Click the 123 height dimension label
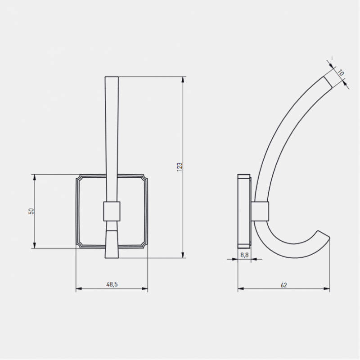(180, 167)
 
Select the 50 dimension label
(31, 211)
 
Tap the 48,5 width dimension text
(112, 284)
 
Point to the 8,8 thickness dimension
(244, 255)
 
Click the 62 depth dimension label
(284, 285)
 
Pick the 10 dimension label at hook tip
(341, 73)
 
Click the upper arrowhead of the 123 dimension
(183, 80)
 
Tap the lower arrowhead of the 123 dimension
(183, 255)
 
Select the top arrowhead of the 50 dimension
(35, 177)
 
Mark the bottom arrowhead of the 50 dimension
(35, 245)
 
